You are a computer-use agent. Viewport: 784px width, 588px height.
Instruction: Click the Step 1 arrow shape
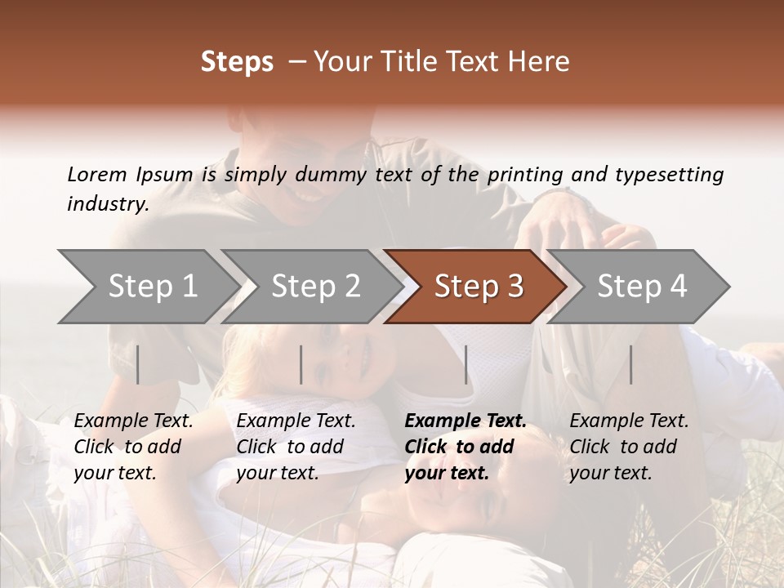coord(147,287)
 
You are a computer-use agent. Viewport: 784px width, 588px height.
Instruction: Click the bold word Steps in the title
coord(237,62)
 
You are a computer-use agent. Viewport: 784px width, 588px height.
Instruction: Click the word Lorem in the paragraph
coord(97,174)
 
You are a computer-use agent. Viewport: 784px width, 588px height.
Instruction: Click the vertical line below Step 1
coord(138,364)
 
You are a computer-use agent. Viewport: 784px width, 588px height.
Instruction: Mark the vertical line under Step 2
coord(301,364)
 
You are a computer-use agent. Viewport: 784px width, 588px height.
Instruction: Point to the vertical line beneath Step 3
coord(466,364)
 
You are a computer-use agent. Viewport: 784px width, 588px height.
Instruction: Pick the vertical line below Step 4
coord(630,364)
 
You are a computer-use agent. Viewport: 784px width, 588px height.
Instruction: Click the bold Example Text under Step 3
coord(465,421)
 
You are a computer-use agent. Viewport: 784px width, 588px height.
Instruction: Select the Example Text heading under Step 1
coord(133,421)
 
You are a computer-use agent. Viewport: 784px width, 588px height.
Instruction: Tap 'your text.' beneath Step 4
coord(611,474)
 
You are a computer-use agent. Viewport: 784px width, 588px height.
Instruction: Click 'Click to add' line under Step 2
coord(290,448)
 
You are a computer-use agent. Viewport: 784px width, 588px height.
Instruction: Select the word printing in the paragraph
coord(524,174)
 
